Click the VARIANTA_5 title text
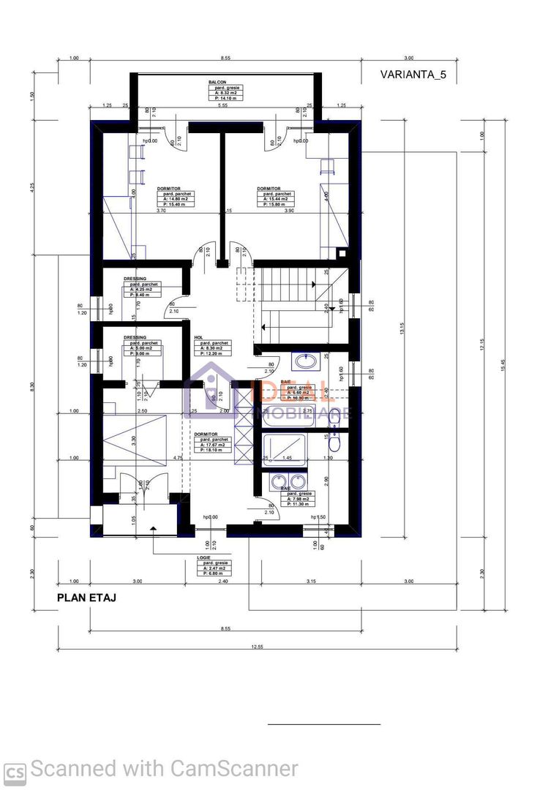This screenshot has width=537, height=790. (x=414, y=75)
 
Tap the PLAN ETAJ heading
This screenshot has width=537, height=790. (x=86, y=598)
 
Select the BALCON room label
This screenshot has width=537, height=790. (x=217, y=83)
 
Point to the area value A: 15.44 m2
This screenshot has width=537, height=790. (x=274, y=198)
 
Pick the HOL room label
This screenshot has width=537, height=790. (x=198, y=338)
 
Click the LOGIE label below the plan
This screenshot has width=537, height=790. (x=204, y=557)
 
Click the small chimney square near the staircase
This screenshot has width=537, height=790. (x=342, y=254)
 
